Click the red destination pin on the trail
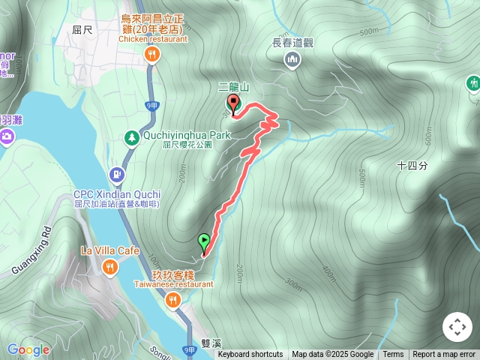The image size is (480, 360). [232, 103]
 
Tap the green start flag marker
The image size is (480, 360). [204, 241]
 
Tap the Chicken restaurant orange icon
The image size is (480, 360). [152, 53]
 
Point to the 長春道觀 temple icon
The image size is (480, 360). [292, 58]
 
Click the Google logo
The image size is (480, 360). [28, 349]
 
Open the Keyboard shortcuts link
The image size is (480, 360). [250, 355]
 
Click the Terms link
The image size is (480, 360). [393, 355]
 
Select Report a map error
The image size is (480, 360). [444, 355]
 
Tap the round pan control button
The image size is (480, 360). [457, 327]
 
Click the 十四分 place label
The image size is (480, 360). [412, 166]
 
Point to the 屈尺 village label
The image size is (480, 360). [82, 30]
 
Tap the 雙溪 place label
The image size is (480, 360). [211, 344]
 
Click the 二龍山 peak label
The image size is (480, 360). [232, 87]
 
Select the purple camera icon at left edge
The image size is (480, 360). [7, 136]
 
